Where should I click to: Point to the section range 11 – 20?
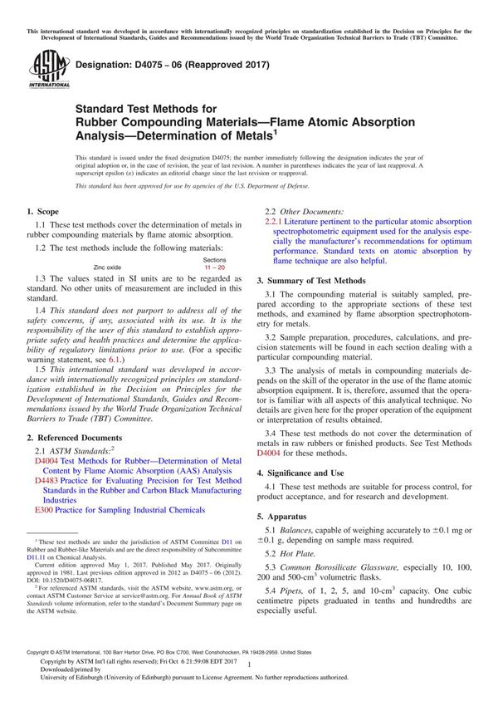(214, 267)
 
